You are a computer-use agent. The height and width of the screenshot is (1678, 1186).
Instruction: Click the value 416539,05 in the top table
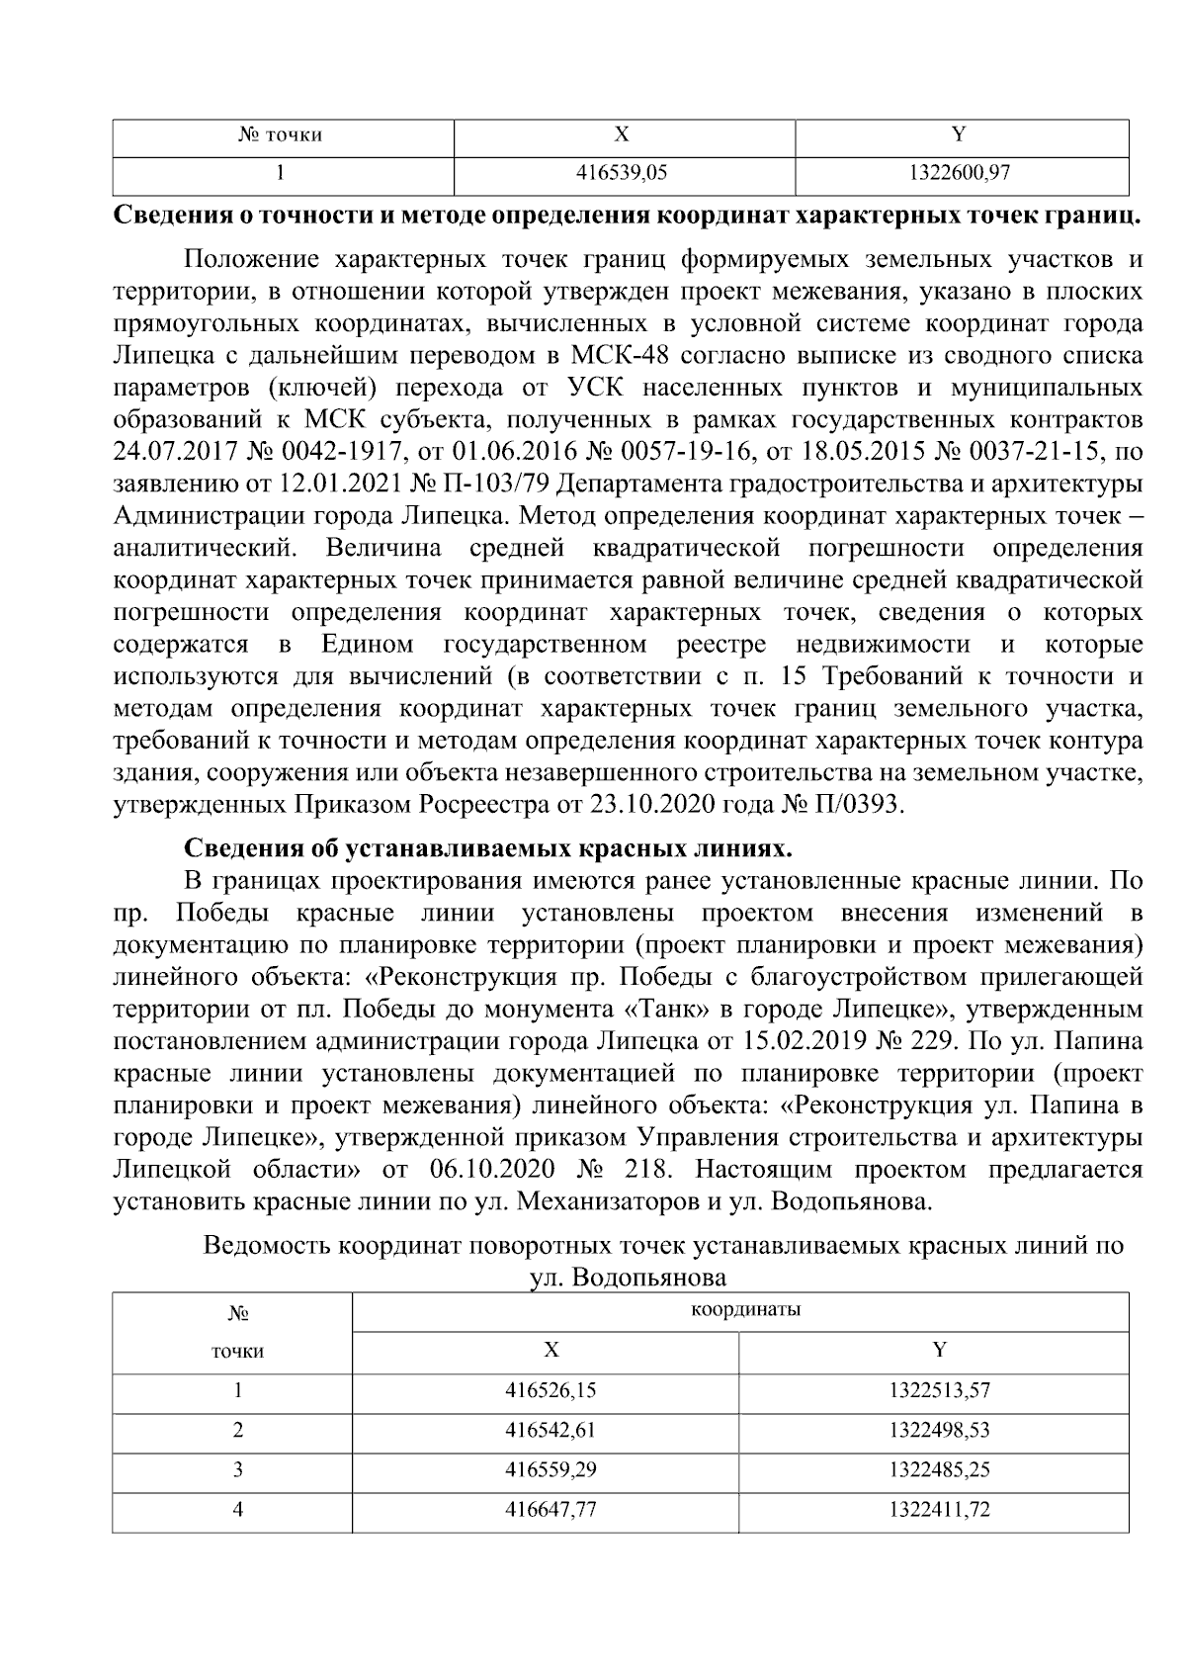622,174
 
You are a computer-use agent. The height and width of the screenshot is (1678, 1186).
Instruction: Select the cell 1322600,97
959,174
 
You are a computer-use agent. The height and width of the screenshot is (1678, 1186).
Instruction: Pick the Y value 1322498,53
939,1430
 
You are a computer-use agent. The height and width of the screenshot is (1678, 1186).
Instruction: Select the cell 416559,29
551,1469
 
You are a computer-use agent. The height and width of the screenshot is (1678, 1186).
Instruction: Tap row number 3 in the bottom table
237,1469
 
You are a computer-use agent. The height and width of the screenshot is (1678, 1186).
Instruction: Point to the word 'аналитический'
205,549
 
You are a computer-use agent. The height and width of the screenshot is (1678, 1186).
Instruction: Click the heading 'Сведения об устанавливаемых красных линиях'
488,849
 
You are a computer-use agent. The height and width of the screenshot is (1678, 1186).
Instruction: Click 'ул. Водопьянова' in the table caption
628,1277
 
